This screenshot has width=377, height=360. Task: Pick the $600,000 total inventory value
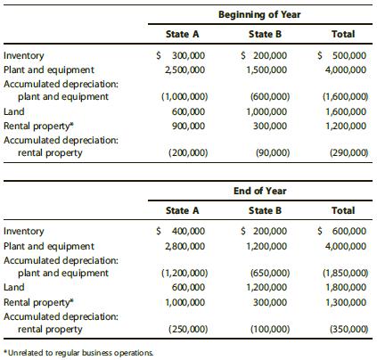[x=344, y=231]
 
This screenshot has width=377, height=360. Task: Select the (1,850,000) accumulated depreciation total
[x=344, y=275]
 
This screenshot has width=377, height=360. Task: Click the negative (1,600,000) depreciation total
[x=344, y=97]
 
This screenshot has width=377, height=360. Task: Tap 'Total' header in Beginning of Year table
[x=343, y=34]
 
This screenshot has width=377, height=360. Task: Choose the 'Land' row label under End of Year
[x=14, y=288]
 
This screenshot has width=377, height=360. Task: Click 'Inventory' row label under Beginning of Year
[x=25, y=54]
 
